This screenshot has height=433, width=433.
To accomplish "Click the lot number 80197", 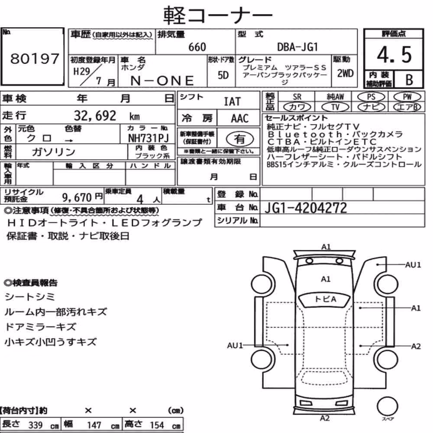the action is (x=35, y=58).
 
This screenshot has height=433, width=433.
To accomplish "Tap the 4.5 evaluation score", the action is (x=394, y=55).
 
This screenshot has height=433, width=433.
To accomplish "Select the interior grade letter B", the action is (x=409, y=80).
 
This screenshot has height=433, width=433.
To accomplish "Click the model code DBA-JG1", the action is (x=297, y=47).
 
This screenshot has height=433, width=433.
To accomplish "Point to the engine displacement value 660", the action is (x=197, y=47).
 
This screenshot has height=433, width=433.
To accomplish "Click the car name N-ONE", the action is (x=162, y=81).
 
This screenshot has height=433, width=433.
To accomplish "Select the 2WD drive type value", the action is (x=345, y=74).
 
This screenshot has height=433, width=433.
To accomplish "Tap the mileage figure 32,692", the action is (x=95, y=116).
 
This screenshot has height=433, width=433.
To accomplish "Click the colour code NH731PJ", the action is (x=148, y=138).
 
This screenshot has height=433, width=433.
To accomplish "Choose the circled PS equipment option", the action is (x=371, y=97).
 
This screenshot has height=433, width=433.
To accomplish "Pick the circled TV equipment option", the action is (x=335, y=107).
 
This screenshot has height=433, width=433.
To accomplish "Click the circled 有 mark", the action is (x=240, y=139).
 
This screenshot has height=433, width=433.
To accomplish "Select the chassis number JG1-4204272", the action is (x=305, y=208).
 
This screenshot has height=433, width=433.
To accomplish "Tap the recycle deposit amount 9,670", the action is (x=77, y=197).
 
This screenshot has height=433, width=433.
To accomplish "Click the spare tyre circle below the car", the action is (x=387, y=406).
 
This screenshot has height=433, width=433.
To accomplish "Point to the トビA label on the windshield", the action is (x=325, y=299).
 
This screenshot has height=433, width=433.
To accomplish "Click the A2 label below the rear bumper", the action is (x=325, y=418).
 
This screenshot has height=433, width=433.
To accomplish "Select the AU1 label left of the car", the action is (x=235, y=346).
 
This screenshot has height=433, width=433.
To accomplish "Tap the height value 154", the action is (x=157, y=425).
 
